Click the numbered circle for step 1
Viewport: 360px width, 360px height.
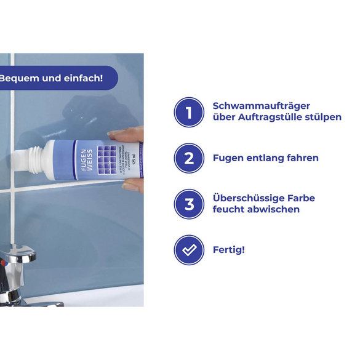[190, 112]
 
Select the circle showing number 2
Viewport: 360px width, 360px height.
[190, 158]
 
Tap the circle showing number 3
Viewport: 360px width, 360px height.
[190, 204]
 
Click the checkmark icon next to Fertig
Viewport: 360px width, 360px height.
[190, 250]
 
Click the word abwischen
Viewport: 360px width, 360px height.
[274, 209]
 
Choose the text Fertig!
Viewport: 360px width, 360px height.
[229, 250]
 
